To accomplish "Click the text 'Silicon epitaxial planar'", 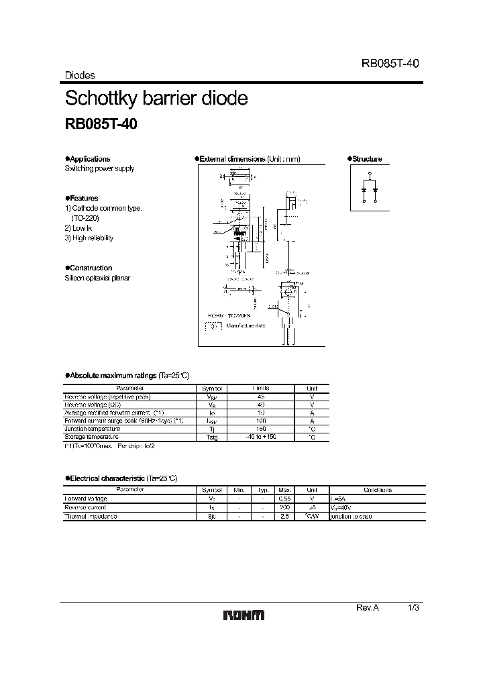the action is [x=97, y=278].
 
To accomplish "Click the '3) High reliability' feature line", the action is [x=89, y=238].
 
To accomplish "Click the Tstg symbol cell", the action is [x=211, y=437].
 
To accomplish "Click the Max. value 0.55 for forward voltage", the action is [x=284, y=499].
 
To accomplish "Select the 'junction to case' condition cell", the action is [x=350, y=516].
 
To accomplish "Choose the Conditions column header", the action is [x=377, y=490].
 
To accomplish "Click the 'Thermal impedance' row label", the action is [x=91, y=516].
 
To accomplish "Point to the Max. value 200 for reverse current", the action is [x=284, y=507].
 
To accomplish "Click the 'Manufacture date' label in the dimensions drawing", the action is [x=246, y=325].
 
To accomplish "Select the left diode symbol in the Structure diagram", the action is [x=363, y=190].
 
